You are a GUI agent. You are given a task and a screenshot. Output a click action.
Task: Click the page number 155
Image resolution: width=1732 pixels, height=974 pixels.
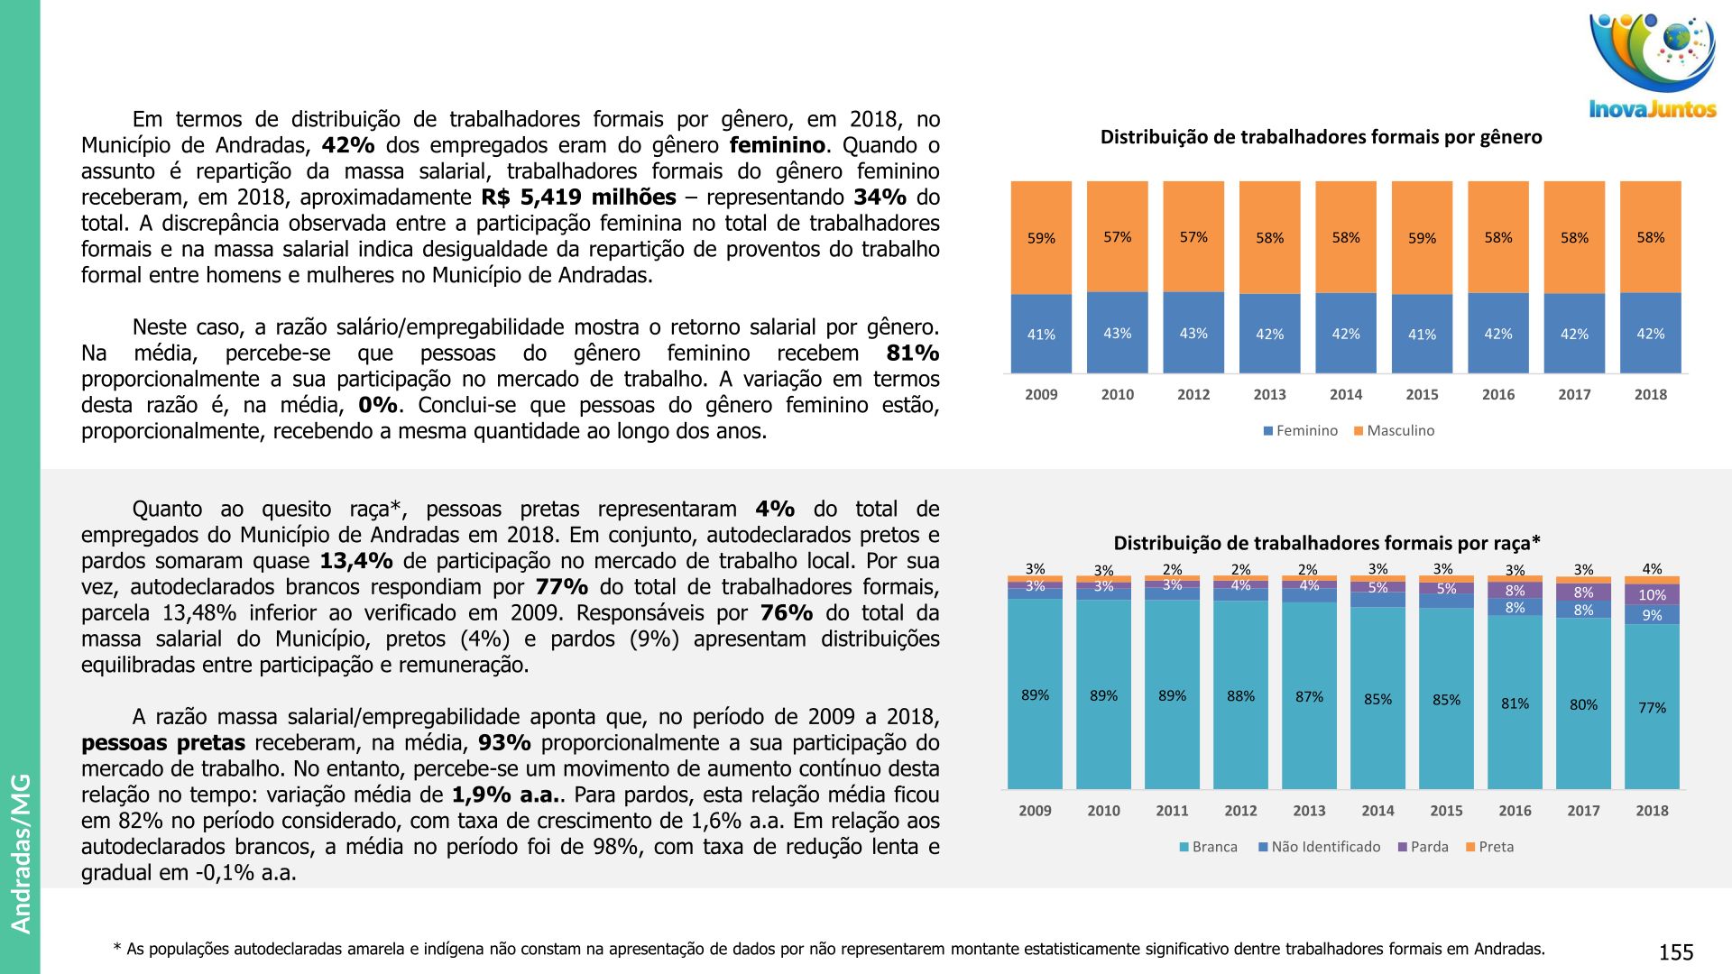[1676, 952]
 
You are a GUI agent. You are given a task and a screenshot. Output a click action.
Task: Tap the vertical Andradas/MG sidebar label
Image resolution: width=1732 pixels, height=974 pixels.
[21, 853]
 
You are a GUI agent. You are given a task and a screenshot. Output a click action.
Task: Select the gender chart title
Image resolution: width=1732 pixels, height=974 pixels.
[1321, 137]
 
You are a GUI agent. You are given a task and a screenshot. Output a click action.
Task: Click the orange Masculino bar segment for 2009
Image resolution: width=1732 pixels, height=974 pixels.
[1041, 237]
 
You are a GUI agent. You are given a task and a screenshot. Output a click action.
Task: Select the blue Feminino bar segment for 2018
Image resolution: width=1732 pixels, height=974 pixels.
[1651, 333]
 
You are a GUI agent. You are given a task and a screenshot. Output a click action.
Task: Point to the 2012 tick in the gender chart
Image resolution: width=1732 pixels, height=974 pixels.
[1193, 394]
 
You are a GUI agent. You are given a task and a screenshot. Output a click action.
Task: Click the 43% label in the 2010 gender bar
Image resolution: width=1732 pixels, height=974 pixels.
[1118, 333]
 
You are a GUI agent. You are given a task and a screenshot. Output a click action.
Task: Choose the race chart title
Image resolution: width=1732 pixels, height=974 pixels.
[1327, 543]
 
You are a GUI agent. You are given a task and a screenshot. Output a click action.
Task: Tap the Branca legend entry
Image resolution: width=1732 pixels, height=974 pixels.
[1208, 847]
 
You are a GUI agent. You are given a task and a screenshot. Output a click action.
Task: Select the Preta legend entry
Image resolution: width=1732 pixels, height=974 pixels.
[1489, 847]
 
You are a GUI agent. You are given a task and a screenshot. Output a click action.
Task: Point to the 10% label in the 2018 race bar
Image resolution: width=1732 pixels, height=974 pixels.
[1652, 595]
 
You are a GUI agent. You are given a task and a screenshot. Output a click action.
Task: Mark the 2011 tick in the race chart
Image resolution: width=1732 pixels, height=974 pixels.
[1172, 811]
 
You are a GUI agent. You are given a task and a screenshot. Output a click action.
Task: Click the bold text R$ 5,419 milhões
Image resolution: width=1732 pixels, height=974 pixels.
[578, 198]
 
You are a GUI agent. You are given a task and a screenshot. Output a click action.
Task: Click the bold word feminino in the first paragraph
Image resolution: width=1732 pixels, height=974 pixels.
[778, 145]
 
